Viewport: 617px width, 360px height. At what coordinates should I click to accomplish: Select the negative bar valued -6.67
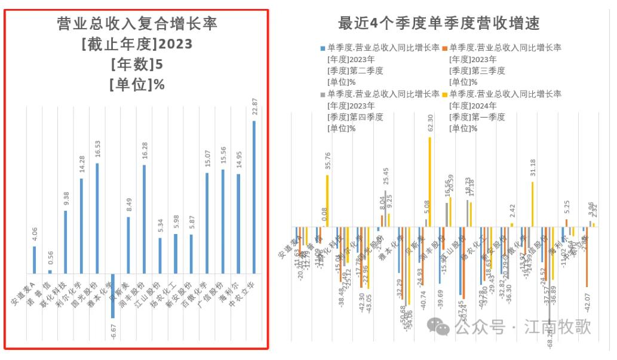click(113, 296)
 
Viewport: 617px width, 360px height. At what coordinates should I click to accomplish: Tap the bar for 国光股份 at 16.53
click(97, 218)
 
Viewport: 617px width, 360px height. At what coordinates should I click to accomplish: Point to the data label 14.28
click(81, 164)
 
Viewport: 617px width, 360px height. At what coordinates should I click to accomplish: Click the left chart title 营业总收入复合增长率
click(137, 24)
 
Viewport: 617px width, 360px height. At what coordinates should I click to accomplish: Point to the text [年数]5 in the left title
click(137, 64)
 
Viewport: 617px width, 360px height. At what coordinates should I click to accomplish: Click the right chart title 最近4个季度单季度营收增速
click(439, 23)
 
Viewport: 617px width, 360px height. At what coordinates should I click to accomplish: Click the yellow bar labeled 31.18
click(532, 204)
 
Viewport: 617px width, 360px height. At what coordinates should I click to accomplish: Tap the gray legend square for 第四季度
click(323, 94)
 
